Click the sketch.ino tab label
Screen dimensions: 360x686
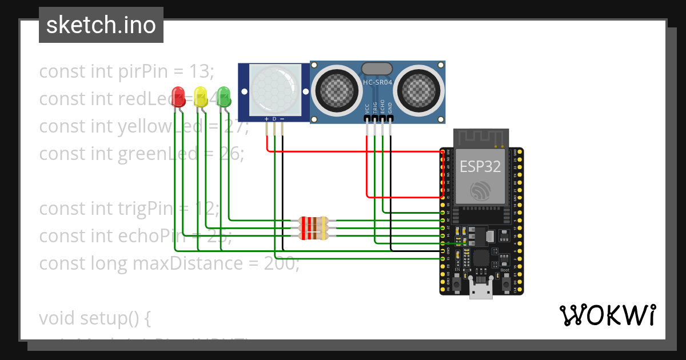click(101, 25)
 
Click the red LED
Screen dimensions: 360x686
click(178, 95)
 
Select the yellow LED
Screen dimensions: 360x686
click(201, 95)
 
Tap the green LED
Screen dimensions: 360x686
click(224, 95)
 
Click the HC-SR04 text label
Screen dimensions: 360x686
click(377, 82)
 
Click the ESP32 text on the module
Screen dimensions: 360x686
click(481, 166)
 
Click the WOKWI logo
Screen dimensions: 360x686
click(607, 315)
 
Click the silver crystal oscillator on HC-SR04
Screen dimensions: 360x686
click(377, 69)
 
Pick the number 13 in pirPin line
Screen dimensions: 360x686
click(200, 71)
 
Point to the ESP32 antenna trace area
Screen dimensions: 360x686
click(481, 138)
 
